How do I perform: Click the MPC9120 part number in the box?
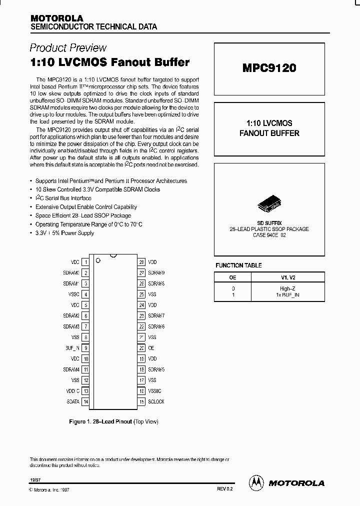coord(269,68)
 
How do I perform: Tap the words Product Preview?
coord(68,48)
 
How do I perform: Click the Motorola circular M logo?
coord(256,482)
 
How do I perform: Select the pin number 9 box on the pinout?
coord(86,348)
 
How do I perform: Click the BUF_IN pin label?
coord(72,348)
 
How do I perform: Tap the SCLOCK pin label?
coord(156,401)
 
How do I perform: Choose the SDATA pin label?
coord(72,401)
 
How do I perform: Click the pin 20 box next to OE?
coord(142,348)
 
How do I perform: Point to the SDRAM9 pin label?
coord(156,273)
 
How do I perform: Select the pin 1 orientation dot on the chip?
coord(98,260)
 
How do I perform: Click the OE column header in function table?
coord(233,277)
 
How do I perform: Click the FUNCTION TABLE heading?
coord(238,265)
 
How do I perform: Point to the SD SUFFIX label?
coord(269,222)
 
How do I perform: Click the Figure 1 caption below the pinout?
coord(113,421)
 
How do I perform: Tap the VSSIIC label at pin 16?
coord(155,391)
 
